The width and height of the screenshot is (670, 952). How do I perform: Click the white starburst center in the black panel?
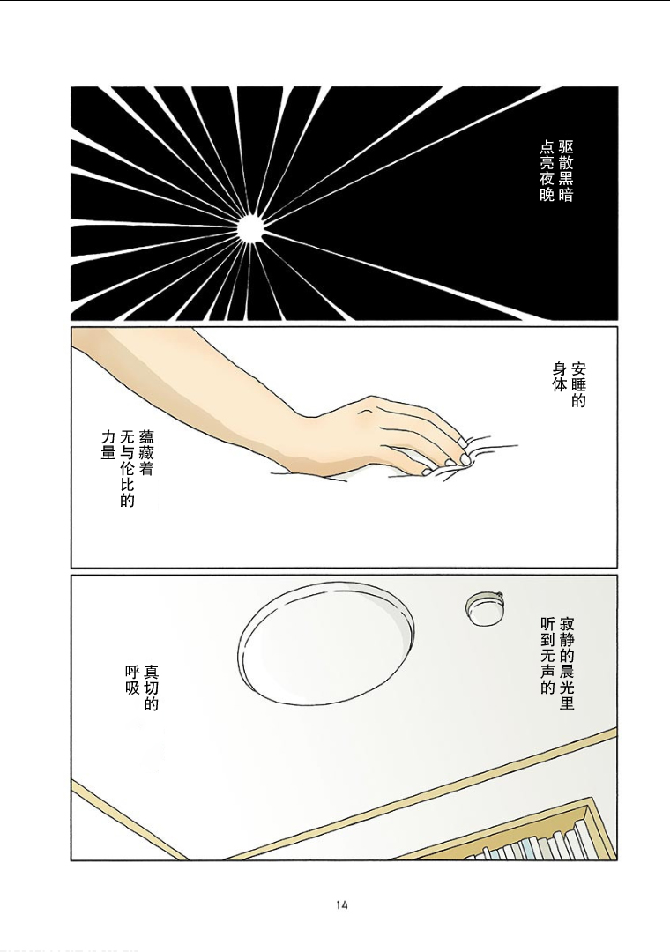pos(249,229)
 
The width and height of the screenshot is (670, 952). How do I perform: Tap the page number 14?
pos(341,905)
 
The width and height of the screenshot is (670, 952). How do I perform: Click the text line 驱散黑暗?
pos(565,171)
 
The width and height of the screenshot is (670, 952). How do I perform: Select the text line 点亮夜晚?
pos(548,171)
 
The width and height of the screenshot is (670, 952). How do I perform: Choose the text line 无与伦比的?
pos(127,468)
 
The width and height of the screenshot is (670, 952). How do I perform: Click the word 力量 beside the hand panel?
pos(108,445)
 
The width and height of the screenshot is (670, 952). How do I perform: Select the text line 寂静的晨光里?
pos(566,665)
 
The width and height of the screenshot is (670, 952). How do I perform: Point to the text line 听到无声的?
pos(548,657)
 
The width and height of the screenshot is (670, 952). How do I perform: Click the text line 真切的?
pos(151,688)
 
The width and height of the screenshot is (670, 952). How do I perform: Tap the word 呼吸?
pos(132,680)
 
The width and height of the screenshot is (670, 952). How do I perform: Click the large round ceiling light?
pos(326,643)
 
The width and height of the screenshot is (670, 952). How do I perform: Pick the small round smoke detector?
pos(485,608)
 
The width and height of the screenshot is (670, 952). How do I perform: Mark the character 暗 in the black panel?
pos(565,195)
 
